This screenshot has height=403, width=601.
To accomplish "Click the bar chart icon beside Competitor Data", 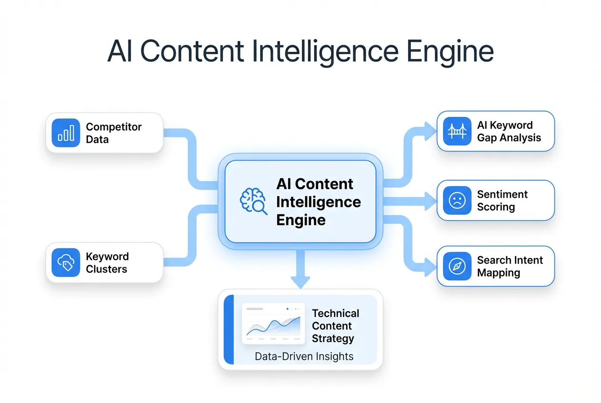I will tap(66, 133).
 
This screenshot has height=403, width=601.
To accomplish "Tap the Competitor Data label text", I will tap(114, 133).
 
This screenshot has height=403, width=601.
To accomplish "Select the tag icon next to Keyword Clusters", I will tap(66, 262).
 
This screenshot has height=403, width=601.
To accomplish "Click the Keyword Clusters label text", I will tap(107, 263).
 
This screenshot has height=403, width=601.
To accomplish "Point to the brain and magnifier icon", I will tap(253, 201).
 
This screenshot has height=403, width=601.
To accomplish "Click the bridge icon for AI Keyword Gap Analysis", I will tap(457, 131).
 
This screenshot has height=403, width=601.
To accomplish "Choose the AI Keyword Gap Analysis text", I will tap(509, 132).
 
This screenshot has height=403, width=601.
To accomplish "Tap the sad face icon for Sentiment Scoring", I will tap(457, 201).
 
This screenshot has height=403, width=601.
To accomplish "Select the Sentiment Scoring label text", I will tap(502, 201).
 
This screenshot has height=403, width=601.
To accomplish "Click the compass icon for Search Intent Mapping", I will tap(457, 266).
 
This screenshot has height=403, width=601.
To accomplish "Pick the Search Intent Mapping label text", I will tap(510, 267).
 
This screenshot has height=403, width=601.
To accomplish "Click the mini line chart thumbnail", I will tap(273, 324).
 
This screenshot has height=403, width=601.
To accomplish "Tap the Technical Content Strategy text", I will tap(335, 326).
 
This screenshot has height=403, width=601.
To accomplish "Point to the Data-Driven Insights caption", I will tap(304, 356).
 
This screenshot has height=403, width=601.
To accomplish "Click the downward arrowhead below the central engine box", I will tap(300, 281).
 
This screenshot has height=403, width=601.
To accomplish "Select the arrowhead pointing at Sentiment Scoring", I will tap(431, 201).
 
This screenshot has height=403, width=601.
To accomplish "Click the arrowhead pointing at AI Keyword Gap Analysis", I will tap(431, 131).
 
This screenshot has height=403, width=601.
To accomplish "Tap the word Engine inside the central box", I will tap(300, 220).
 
